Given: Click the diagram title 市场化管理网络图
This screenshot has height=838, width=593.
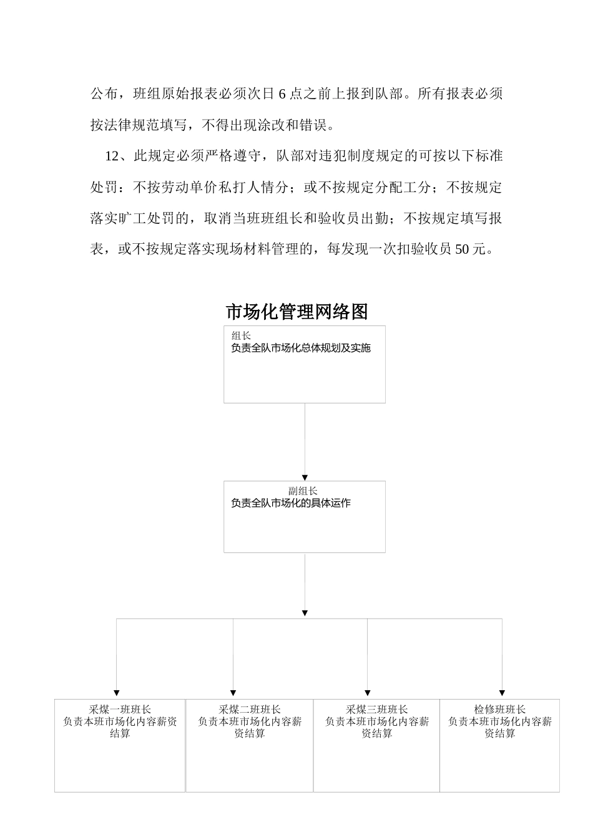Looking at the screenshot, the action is [296, 312].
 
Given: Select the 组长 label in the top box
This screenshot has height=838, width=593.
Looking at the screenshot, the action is [241, 336].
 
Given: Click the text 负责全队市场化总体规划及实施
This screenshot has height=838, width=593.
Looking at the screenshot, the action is [300, 348].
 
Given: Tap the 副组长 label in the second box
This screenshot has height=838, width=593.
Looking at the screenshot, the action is [303, 491].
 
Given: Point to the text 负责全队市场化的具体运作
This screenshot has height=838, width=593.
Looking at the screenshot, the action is [290, 503].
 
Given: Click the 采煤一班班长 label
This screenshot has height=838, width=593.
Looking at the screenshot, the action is [120, 710].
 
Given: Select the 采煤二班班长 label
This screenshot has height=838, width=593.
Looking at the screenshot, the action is [250, 710].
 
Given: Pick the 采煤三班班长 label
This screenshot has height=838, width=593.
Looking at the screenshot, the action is [377, 710].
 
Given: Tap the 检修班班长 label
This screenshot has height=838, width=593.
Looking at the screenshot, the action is [500, 710].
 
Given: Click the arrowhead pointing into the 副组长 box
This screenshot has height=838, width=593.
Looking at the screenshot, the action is [305, 478].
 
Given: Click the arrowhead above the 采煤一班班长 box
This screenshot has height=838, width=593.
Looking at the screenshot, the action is [117, 693].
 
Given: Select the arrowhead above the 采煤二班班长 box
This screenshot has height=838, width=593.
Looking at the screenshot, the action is [233, 693].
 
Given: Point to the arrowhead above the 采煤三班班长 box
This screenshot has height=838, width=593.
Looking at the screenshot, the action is [368, 693].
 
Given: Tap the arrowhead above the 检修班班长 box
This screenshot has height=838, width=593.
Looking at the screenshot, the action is [502, 693].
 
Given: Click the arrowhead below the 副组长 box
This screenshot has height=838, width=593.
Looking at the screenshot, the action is [305, 614].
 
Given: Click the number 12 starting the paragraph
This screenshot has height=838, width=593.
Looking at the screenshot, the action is [112, 156].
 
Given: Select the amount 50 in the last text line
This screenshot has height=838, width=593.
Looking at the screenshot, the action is [463, 249].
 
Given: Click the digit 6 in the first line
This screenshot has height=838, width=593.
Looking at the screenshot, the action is [282, 94].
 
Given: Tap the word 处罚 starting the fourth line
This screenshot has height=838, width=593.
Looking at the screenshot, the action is [104, 187].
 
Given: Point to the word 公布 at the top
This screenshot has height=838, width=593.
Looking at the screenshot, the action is [104, 94].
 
